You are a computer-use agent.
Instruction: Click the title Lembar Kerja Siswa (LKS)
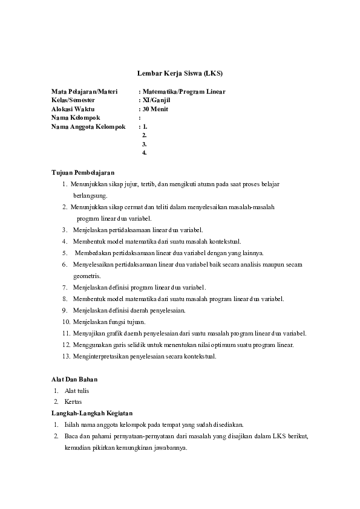[180, 73]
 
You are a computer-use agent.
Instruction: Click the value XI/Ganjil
[154, 100]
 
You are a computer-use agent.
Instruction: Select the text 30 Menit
[155, 109]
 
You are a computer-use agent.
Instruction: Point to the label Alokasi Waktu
[73, 109]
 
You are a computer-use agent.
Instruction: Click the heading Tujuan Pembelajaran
[83, 172]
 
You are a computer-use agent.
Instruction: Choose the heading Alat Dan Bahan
[74, 379]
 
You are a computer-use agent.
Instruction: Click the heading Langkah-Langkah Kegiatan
[91, 412]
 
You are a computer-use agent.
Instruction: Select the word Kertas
[73, 401]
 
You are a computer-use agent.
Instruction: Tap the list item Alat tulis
[77, 391]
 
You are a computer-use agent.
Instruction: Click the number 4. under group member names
[144, 153]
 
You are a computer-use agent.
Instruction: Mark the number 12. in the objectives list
[67, 345]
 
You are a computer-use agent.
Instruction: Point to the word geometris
[87, 276]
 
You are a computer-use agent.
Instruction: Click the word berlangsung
[90, 195]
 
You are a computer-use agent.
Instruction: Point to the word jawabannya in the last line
[171, 447]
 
